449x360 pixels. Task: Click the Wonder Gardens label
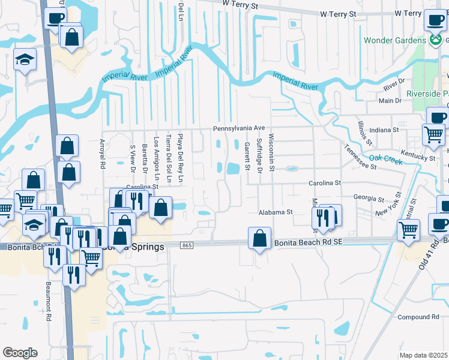[395, 41]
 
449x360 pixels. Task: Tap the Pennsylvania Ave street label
[238, 129]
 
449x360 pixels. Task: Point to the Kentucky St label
[419, 157]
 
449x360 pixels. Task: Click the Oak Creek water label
[385, 158]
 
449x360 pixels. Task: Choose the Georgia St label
[369, 198]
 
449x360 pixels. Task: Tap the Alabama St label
[275, 212]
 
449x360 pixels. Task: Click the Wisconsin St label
[271, 152]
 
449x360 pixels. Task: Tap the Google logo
[20, 352]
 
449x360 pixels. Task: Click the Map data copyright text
[424, 355]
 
